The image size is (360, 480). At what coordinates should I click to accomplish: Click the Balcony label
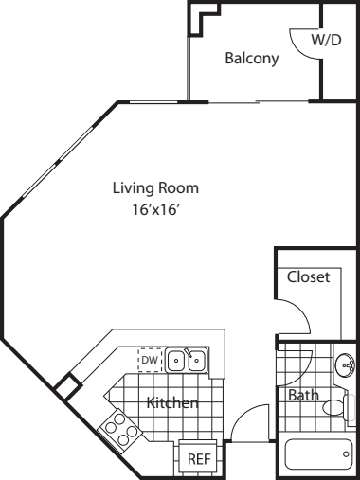[252, 59]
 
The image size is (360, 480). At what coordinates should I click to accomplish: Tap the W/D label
[326, 41]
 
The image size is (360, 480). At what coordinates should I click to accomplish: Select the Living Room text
[155, 188]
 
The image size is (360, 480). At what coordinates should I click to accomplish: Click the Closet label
[308, 276]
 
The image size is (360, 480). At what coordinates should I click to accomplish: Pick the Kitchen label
[172, 402]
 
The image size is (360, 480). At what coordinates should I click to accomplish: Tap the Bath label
[303, 395]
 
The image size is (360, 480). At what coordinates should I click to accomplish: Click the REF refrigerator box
[199, 458]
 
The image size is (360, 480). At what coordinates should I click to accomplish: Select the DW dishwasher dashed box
[150, 360]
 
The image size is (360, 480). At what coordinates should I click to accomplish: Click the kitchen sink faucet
[189, 352]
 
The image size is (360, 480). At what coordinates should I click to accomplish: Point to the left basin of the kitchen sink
[176, 360]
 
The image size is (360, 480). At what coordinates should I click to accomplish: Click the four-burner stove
[119, 429]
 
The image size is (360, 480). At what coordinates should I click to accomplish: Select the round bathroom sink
[345, 365]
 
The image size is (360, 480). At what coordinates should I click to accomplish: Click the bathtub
[318, 454]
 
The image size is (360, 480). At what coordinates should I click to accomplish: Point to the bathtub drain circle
[346, 454]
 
